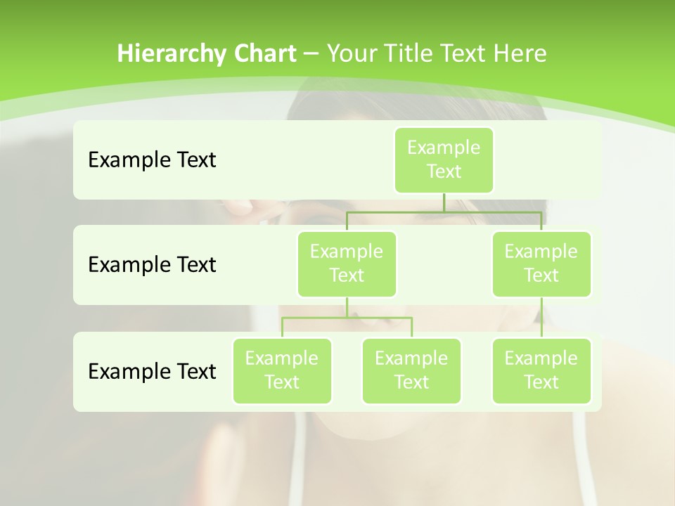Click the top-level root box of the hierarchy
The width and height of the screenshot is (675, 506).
(444, 160)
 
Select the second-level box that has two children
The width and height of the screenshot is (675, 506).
(347, 264)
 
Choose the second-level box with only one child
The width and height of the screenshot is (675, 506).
(541, 264)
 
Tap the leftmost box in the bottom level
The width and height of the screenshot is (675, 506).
(282, 370)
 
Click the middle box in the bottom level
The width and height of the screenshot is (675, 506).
(411, 370)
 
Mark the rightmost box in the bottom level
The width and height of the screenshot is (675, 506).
(541, 370)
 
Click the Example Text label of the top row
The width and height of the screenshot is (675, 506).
(152, 160)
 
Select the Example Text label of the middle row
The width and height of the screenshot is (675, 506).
(152, 265)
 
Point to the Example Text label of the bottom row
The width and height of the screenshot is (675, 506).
(152, 371)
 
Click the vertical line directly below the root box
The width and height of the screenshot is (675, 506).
(444, 202)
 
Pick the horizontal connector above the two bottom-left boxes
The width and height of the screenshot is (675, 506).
(347, 318)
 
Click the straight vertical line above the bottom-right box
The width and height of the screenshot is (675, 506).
(541, 318)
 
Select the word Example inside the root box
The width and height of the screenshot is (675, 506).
(444, 148)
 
